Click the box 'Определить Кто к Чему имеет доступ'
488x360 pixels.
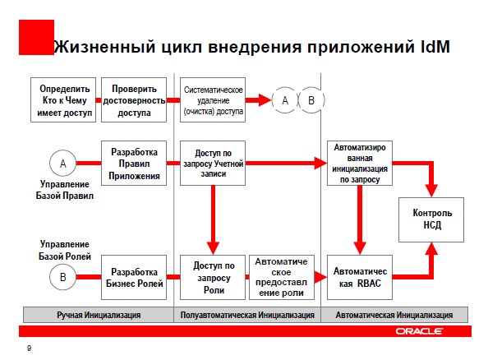[x=63, y=100]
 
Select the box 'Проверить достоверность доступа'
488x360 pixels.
[x=134, y=100]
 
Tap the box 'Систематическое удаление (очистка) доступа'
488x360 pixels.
[x=213, y=100]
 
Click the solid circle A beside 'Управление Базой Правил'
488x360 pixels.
[x=63, y=164]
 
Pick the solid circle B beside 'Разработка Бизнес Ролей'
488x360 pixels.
[x=63, y=277]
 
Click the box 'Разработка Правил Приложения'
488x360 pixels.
[x=134, y=164]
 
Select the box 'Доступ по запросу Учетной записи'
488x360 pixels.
[x=213, y=164]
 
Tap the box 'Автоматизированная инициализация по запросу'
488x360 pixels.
[x=360, y=164]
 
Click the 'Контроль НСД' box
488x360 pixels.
[x=431, y=219]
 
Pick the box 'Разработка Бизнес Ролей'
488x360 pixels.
[x=134, y=278]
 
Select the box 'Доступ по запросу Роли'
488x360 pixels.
[x=213, y=278]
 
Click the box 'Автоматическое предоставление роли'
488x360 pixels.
[x=282, y=278]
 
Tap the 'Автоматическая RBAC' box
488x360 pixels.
[x=360, y=278]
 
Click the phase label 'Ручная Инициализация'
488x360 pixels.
[x=99, y=315]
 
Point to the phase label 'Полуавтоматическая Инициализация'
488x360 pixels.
[x=247, y=315]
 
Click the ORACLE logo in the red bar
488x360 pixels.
[x=419, y=331]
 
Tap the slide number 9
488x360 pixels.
[x=30, y=348]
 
